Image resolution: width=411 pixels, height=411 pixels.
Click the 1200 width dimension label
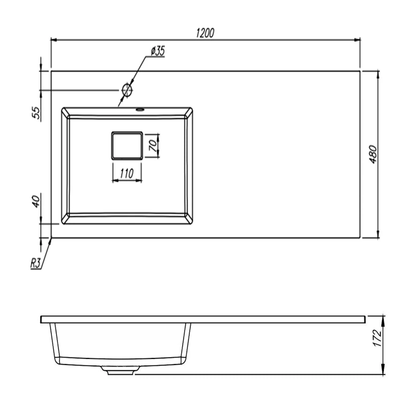205,33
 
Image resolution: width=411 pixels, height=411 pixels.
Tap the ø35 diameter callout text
158,51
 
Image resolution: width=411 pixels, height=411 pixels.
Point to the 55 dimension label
36,113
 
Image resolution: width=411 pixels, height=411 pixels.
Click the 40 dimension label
37,201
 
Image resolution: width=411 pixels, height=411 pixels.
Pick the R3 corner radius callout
36,263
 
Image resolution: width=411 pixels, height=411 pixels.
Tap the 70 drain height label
153,146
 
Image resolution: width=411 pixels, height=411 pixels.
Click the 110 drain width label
127,173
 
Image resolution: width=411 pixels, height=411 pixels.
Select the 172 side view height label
377,338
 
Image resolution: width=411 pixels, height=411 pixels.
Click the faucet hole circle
127,90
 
